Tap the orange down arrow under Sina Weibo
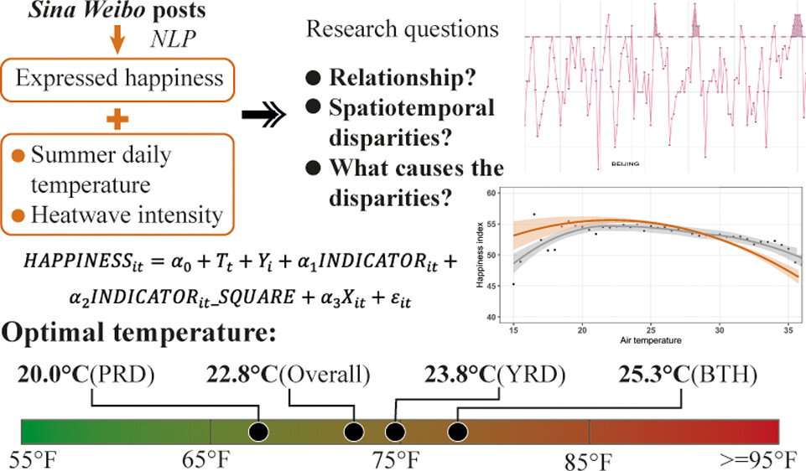118,43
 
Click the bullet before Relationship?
314,80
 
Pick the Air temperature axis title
651,342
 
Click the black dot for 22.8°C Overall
354,432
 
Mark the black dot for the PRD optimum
258,432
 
